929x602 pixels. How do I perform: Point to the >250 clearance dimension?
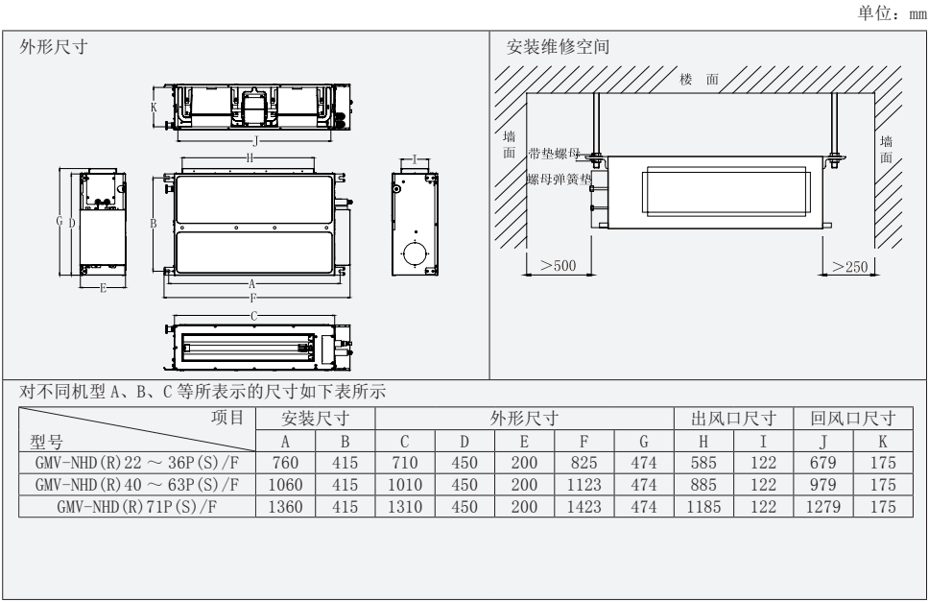click(x=851, y=266)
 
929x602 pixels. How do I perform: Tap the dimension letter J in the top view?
click(x=254, y=140)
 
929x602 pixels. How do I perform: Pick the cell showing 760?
click(x=285, y=463)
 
